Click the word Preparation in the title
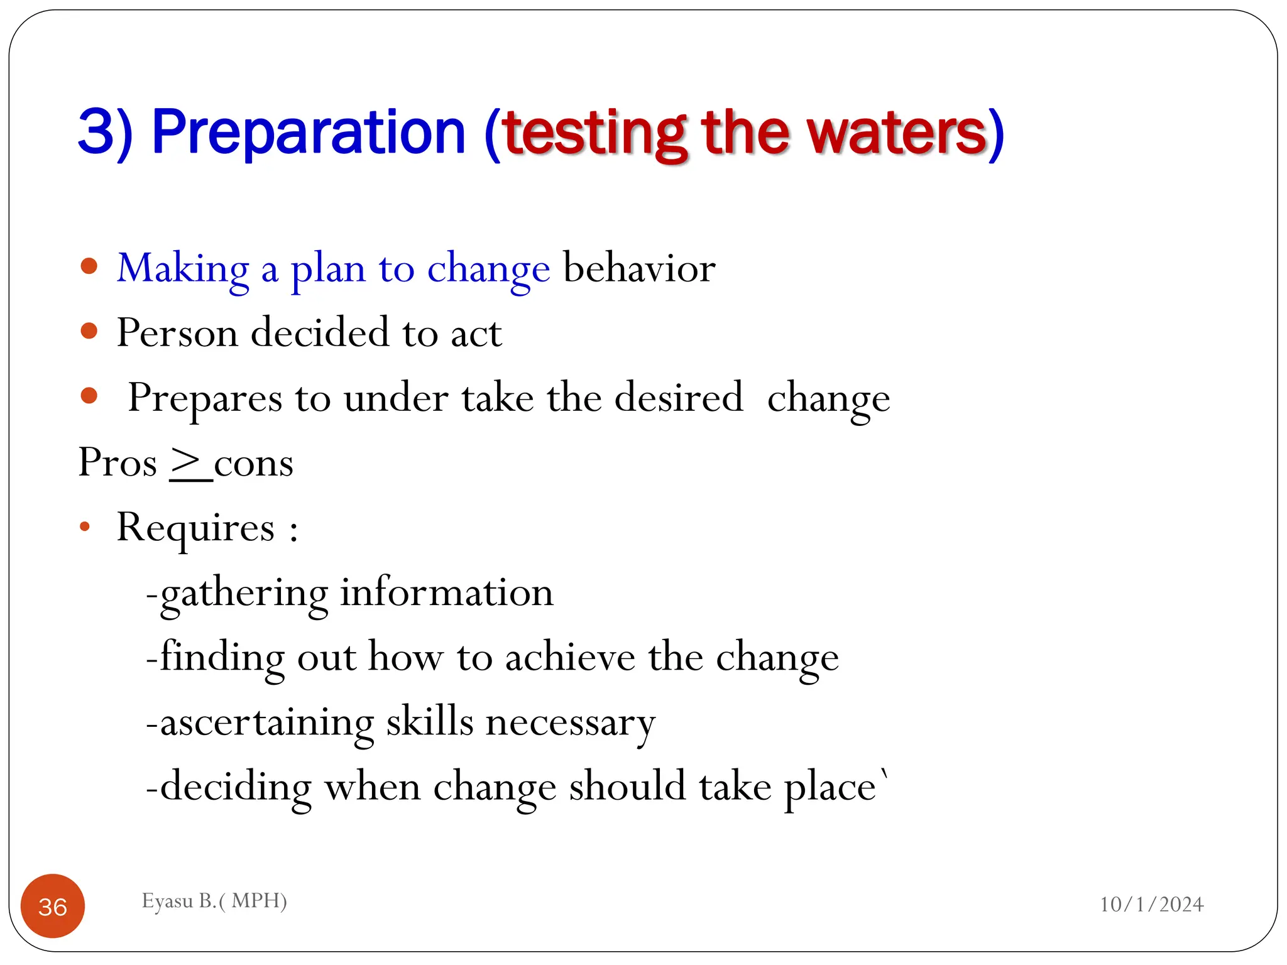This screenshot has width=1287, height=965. tap(308, 133)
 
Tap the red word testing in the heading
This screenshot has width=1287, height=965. tap(594, 134)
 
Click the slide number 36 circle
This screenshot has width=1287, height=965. tap(53, 906)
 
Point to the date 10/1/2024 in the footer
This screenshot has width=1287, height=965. tap(1151, 904)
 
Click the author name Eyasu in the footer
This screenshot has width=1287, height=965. tap(167, 901)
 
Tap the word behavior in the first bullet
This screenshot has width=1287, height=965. tap(639, 268)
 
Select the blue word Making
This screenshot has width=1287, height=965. tap(183, 269)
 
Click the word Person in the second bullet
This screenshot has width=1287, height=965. tap(177, 332)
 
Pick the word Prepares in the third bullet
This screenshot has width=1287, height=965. tap(205, 398)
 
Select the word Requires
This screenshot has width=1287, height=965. tap(195, 528)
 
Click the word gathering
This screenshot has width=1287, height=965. tap(244, 594)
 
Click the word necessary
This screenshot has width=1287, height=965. tap(571, 722)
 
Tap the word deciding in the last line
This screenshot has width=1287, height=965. tap(236, 787)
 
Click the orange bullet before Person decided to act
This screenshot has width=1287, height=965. tap(89, 330)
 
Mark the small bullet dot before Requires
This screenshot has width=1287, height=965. tap(85, 526)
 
